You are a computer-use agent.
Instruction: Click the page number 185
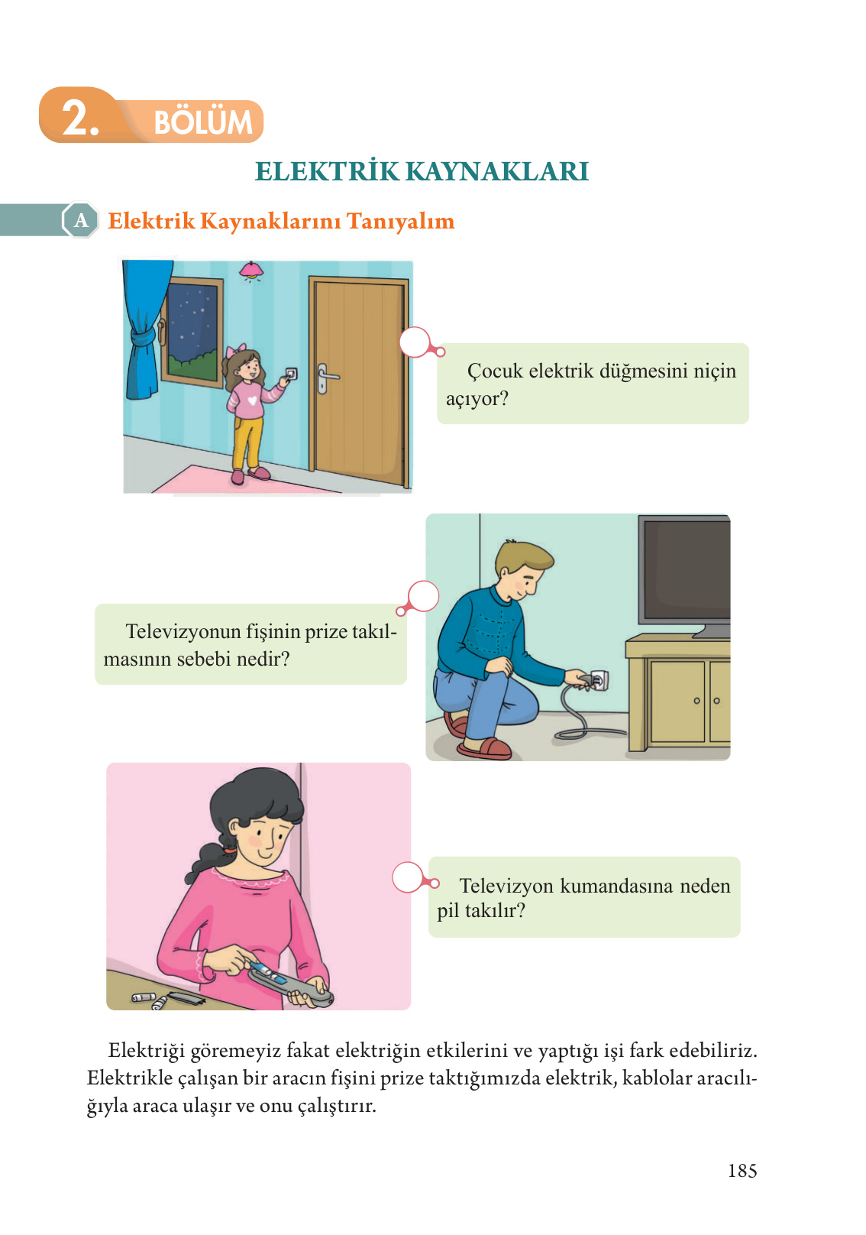coord(742,1171)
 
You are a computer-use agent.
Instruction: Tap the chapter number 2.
coord(79,119)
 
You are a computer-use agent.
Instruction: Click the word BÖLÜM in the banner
coord(202,122)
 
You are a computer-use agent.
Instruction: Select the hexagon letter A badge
coord(80,221)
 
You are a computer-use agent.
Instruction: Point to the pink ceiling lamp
coord(251,270)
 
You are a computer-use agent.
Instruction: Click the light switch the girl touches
coord(291,374)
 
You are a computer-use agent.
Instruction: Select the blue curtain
coord(145,329)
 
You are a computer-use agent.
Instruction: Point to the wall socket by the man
coord(599,679)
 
